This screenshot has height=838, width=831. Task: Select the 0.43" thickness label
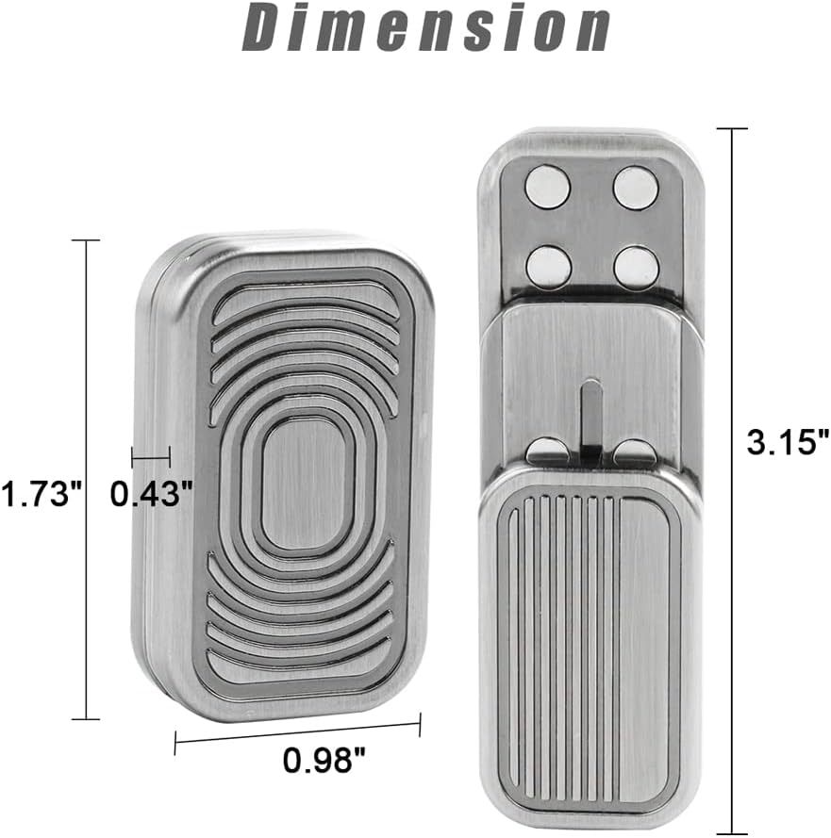tap(153, 493)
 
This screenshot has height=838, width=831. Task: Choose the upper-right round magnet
tap(636, 186)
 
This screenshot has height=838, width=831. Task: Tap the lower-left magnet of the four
tap(548, 266)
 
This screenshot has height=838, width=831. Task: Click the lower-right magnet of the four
tap(636, 267)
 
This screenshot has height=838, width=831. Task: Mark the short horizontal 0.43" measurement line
tap(150, 458)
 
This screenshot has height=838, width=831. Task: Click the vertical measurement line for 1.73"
tap(86, 480)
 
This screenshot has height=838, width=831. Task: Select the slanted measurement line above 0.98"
tap(297, 734)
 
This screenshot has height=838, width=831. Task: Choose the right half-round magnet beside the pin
tap(634, 452)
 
